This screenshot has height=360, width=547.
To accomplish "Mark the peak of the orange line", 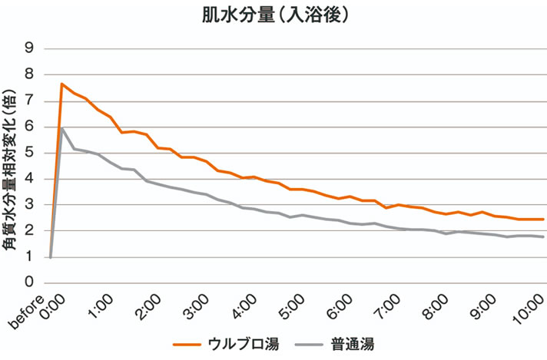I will tap(62, 84).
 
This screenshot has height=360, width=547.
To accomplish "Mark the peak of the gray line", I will tap(62, 128).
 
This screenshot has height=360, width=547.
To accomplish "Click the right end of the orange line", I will tap(543, 220).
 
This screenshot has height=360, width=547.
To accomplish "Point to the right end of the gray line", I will tap(543, 237).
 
